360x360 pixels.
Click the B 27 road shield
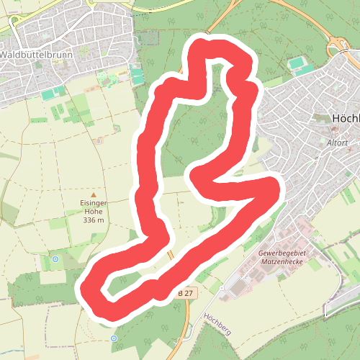(186, 294)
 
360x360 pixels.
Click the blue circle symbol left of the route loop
(55, 259)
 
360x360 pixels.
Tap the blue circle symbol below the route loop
(114, 338)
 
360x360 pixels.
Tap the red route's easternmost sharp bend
(274, 189)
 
